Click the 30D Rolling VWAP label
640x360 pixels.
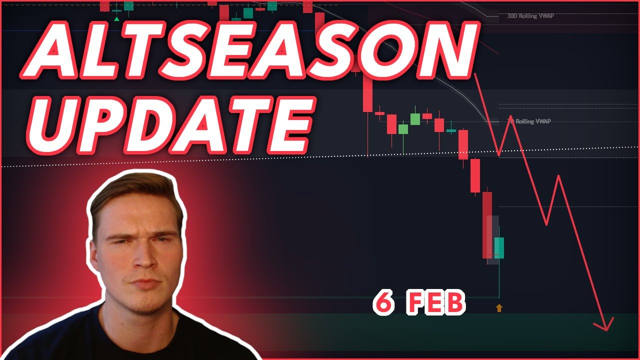pos(530,16)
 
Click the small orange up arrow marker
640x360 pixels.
pos(499,308)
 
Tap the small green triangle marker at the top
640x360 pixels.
pos(116,18)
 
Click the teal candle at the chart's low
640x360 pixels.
pos(499,247)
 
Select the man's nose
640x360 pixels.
pos(143,258)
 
